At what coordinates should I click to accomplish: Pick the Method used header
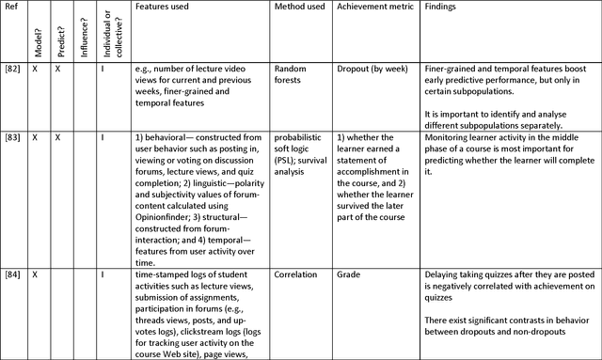point(300,7)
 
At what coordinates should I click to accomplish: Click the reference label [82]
point(12,68)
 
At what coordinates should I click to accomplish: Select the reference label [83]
point(12,136)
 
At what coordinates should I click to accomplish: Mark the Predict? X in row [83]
point(57,136)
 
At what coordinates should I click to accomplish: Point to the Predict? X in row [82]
point(57,68)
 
